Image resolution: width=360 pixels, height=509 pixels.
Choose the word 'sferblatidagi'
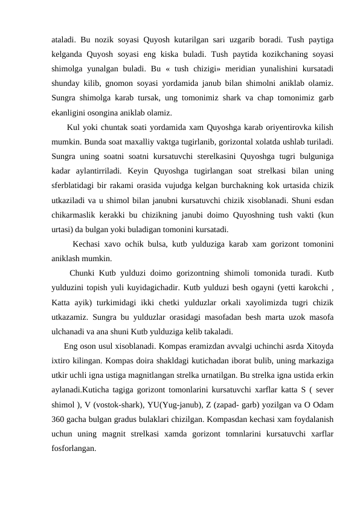pyautogui.click(x=75, y=187)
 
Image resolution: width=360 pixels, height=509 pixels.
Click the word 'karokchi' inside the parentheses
pyautogui.click(x=312, y=287)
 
